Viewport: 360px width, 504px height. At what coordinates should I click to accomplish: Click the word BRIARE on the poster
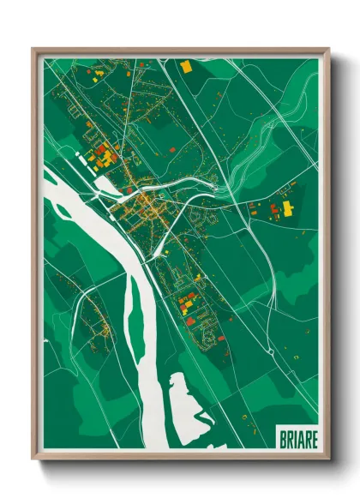point(298,439)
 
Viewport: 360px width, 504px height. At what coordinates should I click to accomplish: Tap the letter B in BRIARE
point(283,439)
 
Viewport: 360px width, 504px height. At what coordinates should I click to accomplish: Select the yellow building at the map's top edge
point(186,66)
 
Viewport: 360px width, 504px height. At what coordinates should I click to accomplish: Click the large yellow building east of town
point(287,207)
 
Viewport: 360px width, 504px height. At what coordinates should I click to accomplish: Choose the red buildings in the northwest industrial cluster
point(102,156)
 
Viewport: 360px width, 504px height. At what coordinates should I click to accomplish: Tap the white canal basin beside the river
point(93,159)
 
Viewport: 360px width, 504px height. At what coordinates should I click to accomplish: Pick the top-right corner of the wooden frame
point(328,50)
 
